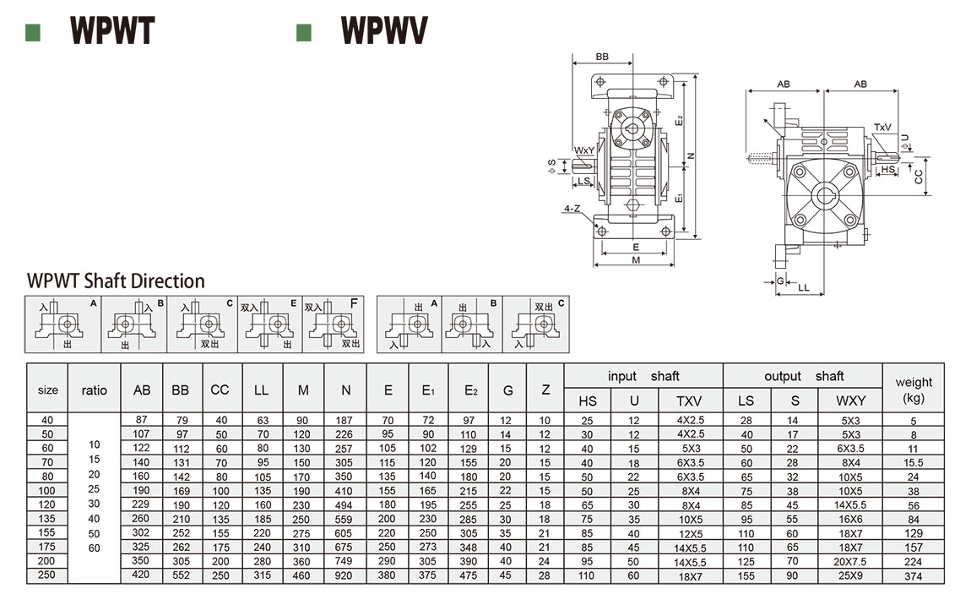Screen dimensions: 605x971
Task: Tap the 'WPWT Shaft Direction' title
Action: pyautogui.click(x=116, y=281)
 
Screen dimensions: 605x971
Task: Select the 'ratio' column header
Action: pyautogui.click(x=95, y=390)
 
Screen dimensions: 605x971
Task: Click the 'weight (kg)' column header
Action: pyautogui.click(x=914, y=390)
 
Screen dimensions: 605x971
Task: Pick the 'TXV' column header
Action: pyautogui.click(x=689, y=401)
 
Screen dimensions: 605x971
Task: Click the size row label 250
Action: pyautogui.click(x=48, y=575)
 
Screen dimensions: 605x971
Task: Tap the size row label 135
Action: pyautogui.click(x=48, y=519)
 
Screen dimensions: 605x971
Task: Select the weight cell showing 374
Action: pyautogui.click(x=913, y=575)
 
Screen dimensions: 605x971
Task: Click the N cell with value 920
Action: pyautogui.click(x=346, y=575)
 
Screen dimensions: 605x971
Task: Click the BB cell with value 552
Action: pyautogui.click(x=181, y=575)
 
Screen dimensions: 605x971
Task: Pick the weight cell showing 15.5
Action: pyautogui.click(x=913, y=462)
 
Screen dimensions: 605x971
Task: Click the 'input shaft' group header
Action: pyautogui.click(x=643, y=376)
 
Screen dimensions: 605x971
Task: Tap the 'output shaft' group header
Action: pyautogui.click(x=803, y=376)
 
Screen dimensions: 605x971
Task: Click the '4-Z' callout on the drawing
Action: pyautogui.click(x=572, y=208)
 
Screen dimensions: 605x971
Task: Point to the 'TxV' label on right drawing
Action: pyautogui.click(x=882, y=128)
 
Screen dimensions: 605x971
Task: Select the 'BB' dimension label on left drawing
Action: pyautogui.click(x=601, y=57)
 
